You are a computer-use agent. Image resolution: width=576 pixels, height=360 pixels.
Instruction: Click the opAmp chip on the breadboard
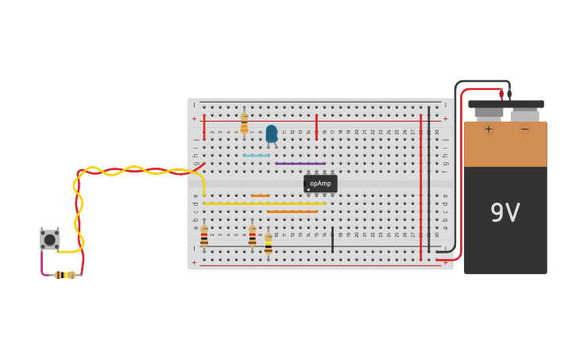pyautogui.click(x=320, y=184)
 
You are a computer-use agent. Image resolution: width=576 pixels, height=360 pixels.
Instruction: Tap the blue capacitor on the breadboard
pyautogui.click(x=272, y=134)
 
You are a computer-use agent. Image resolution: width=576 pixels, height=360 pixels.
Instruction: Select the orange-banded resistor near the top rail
pyautogui.click(x=244, y=124)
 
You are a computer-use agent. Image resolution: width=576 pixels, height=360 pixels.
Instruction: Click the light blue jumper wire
pyautogui.click(x=256, y=155)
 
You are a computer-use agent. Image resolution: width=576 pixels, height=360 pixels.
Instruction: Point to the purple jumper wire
pyautogui.click(x=300, y=164)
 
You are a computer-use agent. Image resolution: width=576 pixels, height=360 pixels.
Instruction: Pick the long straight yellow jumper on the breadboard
pyautogui.click(x=264, y=203)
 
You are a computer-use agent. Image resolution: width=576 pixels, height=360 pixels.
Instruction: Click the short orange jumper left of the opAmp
pyautogui.click(x=260, y=195)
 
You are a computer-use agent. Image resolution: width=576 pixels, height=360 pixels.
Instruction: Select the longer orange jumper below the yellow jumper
pyautogui.click(x=292, y=211)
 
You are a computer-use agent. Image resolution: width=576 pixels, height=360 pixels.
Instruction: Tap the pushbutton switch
pyautogui.click(x=49, y=239)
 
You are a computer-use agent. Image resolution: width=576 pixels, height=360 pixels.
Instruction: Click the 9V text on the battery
pyautogui.click(x=505, y=213)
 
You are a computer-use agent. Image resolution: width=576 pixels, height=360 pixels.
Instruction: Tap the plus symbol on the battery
pyautogui.click(x=488, y=129)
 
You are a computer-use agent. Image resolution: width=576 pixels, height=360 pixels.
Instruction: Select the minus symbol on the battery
pyautogui.click(x=524, y=129)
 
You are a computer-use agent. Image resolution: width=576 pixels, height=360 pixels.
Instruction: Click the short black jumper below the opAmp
pyautogui.click(x=332, y=239)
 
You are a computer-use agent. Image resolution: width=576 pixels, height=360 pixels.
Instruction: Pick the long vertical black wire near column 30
pyautogui.click(x=429, y=179)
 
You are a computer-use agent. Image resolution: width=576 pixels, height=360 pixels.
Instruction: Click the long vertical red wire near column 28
pyautogui.click(x=420, y=187)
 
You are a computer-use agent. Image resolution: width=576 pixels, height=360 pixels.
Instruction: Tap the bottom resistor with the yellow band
pyautogui.click(x=269, y=243)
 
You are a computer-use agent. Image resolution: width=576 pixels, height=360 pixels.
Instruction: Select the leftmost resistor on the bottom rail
pyautogui.click(x=204, y=237)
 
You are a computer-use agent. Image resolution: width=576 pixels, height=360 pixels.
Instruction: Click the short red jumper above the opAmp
pyautogui.click(x=316, y=127)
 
